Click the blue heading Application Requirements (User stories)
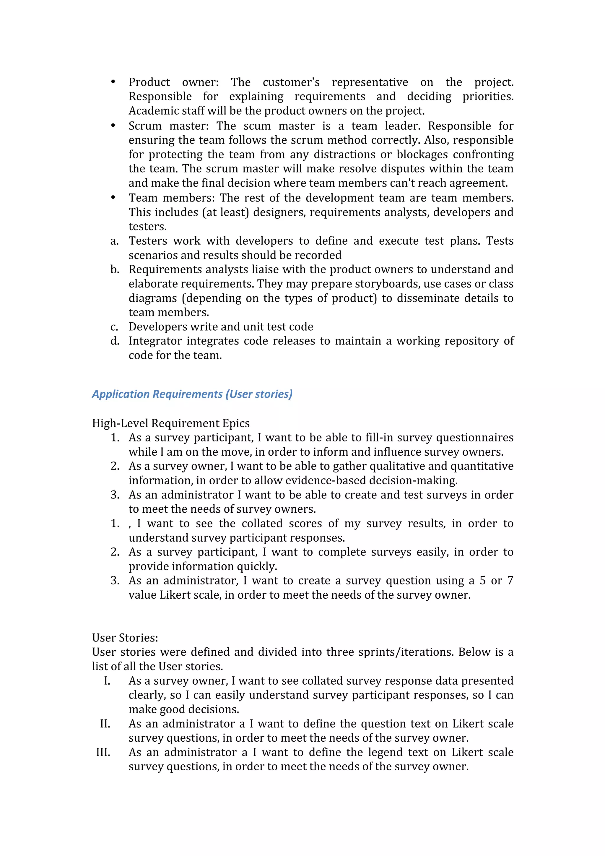(192, 394)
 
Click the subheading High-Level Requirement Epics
(171, 423)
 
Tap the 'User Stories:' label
(125, 638)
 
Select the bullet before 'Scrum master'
(113, 126)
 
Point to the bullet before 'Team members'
(113, 198)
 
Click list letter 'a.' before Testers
(114, 241)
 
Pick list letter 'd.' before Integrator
(114, 341)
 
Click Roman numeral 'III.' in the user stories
(103, 752)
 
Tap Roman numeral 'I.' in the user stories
(107, 681)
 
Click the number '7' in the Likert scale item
(510, 581)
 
